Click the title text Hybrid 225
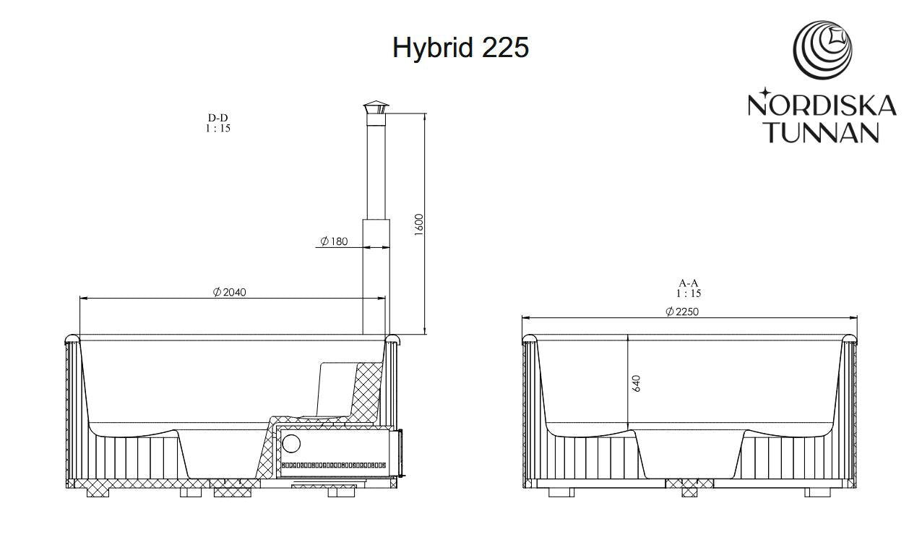pyautogui.click(x=460, y=48)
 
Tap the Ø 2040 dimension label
pyautogui.click(x=230, y=292)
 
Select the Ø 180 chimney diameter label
pyautogui.click(x=334, y=241)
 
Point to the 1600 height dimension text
pyautogui.click(x=419, y=225)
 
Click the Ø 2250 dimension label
pyautogui.click(x=682, y=312)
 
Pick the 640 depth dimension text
pyautogui.click(x=637, y=384)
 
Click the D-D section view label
pyautogui.click(x=218, y=118)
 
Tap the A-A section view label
pyautogui.click(x=688, y=283)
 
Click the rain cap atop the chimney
pyautogui.click(x=376, y=107)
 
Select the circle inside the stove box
pyautogui.click(x=291, y=444)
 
